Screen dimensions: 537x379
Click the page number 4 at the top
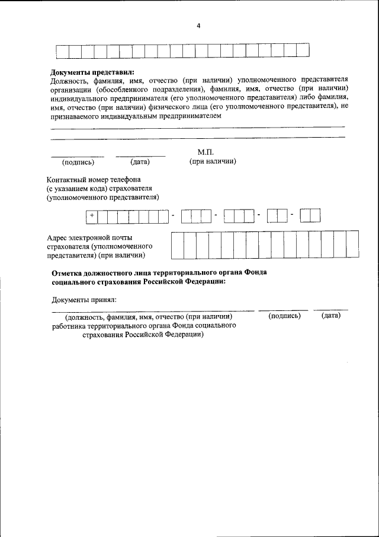198,25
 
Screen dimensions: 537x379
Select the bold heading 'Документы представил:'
93,72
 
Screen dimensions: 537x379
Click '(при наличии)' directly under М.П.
213,161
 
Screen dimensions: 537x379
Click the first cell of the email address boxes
176,245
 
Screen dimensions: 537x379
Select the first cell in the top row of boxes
62,51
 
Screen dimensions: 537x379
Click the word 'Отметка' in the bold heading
68,272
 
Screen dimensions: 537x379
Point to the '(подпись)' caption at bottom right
284,316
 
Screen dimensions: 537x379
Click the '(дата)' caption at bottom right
331,316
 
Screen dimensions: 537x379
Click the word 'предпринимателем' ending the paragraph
189,116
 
